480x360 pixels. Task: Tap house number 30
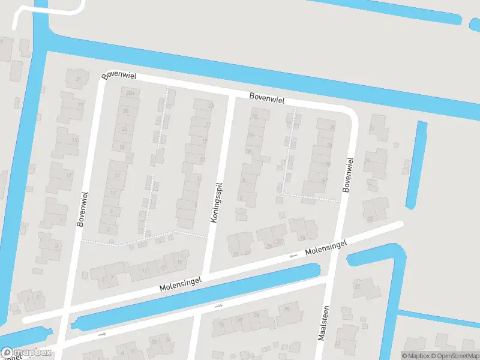click(x=332, y=127)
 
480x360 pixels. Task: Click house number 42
click(x=325, y=181)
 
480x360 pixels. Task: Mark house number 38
click(x=328, y=163)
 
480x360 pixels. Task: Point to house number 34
click(x=329, y=145)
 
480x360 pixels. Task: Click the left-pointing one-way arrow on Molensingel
click(x=293, y=256)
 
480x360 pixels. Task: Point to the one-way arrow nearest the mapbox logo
click(x=102, y=334)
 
